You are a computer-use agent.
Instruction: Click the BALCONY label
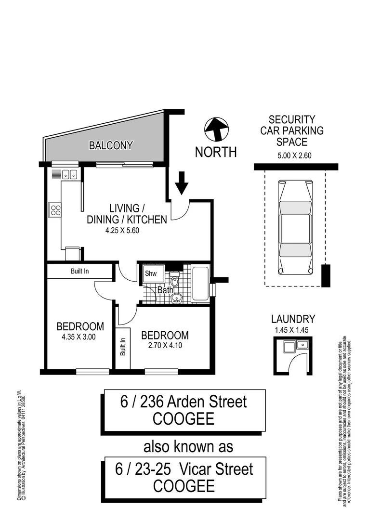pos(110,145)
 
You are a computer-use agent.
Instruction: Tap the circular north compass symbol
pos(215,130)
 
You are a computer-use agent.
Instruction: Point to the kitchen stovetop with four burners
pos(55,209)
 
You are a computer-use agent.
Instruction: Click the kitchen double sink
pos(69,174)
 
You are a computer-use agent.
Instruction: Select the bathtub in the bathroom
pos(200,283)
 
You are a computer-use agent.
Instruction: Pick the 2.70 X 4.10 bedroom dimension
pos(165,346)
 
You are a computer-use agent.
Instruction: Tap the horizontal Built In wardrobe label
pos(79,271)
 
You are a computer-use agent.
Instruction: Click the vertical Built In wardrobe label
pos(123,346)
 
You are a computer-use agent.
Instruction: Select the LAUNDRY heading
pos(293,319)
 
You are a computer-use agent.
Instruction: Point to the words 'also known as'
pos(188,446)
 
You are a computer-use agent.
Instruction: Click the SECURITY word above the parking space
pos(292,119)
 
